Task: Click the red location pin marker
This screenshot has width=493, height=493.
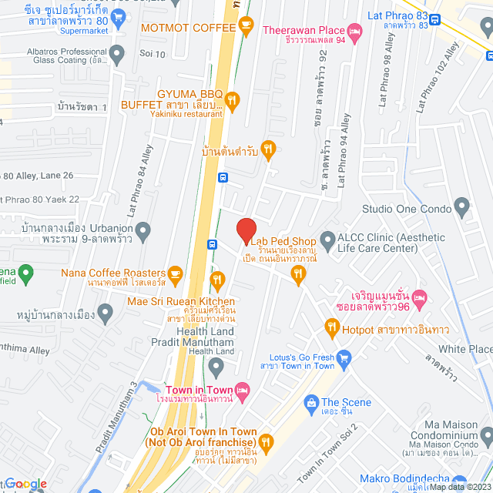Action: tap(246, 230)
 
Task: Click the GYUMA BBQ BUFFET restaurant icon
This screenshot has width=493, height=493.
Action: tap(233, 99)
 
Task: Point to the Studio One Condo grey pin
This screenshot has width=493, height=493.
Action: tap(462, 207)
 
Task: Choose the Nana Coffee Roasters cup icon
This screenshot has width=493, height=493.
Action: tap(176, 273)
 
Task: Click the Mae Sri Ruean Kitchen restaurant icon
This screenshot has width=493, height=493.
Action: tap(217, 280)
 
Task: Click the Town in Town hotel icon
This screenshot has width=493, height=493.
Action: tap(243, 391)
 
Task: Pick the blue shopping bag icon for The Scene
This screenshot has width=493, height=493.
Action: tap(311, 402)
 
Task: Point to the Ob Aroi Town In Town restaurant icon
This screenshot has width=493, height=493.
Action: tap(267, 441)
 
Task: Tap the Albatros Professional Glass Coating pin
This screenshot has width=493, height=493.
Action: tap(116, 55)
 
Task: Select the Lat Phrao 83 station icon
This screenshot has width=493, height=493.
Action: tap(435, 20)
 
